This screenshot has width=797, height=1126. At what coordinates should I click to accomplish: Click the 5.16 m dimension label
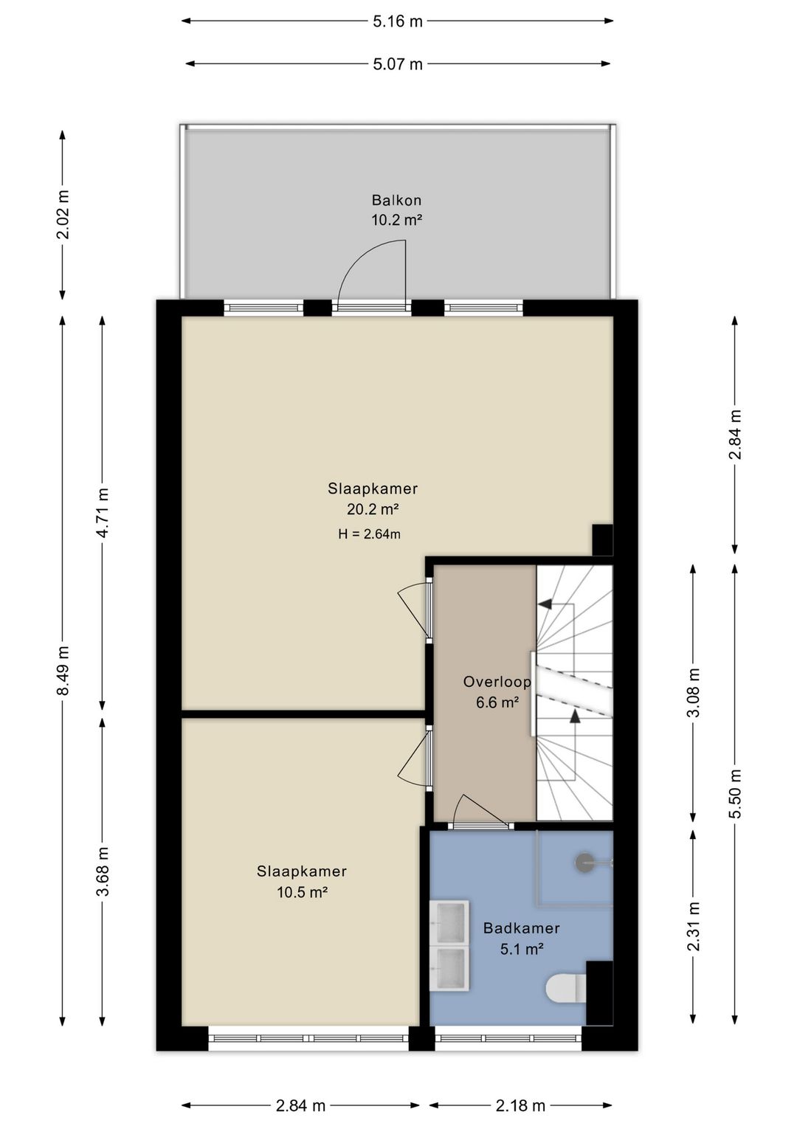(397, 21)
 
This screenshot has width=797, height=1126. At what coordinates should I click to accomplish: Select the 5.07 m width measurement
(397, 64)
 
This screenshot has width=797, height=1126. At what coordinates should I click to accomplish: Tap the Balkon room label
(396, 200)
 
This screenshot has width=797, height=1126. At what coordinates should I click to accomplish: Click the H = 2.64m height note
(370, 533)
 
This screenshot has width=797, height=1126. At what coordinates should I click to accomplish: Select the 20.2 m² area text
(373, 510)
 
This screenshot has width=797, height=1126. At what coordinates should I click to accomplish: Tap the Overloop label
(497, 682)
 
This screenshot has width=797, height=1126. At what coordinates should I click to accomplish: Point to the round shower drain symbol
(584, 862)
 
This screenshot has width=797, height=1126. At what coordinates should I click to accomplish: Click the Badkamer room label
(522, 928)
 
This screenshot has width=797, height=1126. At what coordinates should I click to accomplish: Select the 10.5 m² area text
(303, 892)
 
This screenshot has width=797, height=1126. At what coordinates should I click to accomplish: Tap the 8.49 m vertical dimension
(63, 670)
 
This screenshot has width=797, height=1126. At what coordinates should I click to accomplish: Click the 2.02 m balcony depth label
(63, 215)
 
